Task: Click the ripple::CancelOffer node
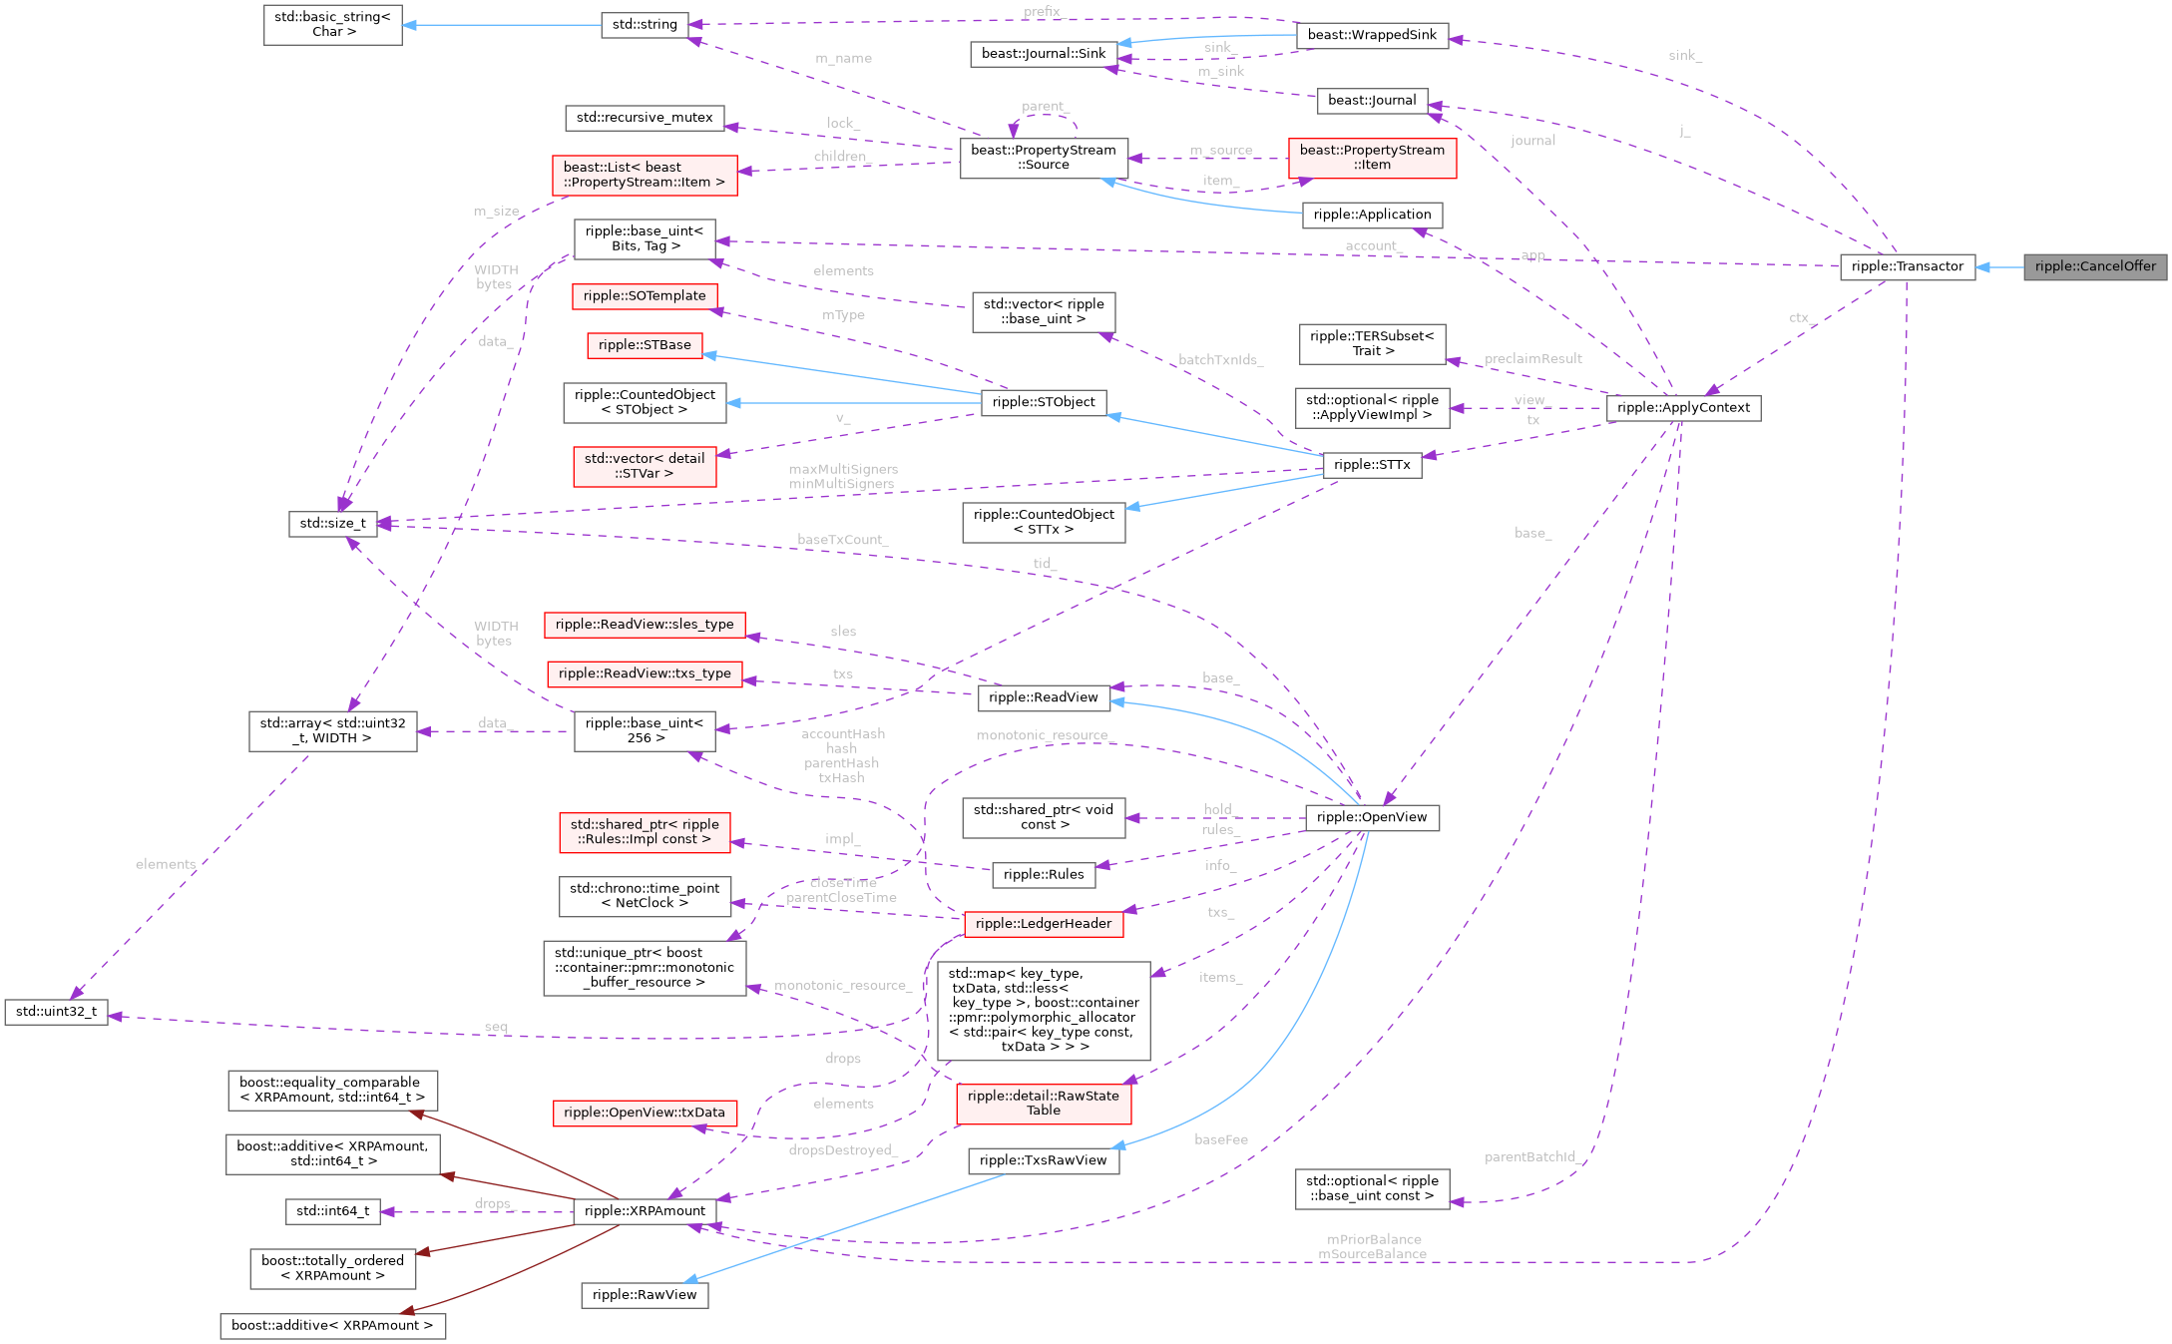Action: [x=2094, y=266]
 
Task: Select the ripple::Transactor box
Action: [x=1907, y=266]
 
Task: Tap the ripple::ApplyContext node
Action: [x=1683, y=407]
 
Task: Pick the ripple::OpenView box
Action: [x=1371, y=817]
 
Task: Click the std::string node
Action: [x=645, y=24]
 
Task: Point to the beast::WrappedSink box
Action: [x=1372, y=35]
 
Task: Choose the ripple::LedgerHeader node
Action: [x=1043, y=924]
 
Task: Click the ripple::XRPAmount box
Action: [x=645, y=1211]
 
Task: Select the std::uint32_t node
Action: [x=56, y=1012]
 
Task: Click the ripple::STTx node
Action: [x=1372, y=465]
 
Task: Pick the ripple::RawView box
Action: [x=645, y=1295]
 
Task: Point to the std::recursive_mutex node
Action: [x=645, y=118]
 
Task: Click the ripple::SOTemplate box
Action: [x=645, y=295]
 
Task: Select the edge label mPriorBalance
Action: [x=1374, y=1239]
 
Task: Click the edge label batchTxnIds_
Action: [x=1220, y=360]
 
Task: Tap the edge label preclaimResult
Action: [x=1532, y=358]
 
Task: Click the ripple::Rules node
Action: [x=1043, y=875]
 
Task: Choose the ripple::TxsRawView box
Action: [x=1043, y=1160]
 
